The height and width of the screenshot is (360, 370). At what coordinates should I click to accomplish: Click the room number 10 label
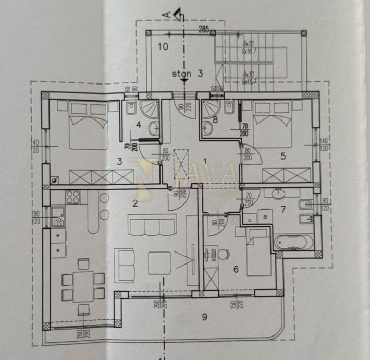click(163, 46)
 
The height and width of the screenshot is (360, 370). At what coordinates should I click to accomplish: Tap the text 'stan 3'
click(187, 74)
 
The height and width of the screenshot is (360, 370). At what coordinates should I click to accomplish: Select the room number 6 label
click(236, 269)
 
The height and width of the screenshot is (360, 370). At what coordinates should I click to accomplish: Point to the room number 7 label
click(283, 210)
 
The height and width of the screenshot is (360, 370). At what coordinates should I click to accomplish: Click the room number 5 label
click(282, 155)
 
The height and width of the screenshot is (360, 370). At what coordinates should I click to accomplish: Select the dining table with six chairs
click(83, 286)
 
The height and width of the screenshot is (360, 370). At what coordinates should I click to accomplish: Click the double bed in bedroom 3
click(89, 125)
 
